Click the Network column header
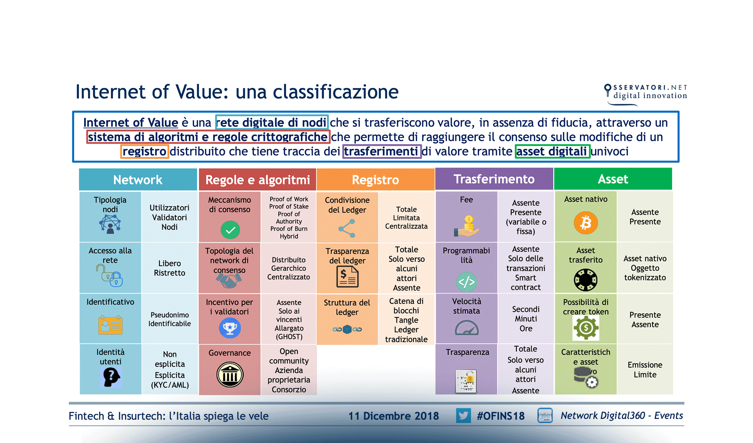(138, 180)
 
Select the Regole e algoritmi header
(257, 180)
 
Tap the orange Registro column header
(375, 180)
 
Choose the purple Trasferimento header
(494, 179)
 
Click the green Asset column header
(613, 179)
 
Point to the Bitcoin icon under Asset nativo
(585, 223)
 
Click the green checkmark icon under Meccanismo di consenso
(230, 230)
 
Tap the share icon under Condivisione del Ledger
(347, 229)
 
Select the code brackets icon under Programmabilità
(466, 282)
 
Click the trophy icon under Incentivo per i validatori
(230, 328)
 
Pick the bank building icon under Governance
(230, 375)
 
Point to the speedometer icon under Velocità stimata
(467, 328)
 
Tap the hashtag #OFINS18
(501, 416)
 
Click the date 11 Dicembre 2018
(393, 416)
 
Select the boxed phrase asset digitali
(552, 151)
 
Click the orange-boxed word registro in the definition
(144, 151)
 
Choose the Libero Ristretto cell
(169, 268)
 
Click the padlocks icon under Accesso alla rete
(110, 276)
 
